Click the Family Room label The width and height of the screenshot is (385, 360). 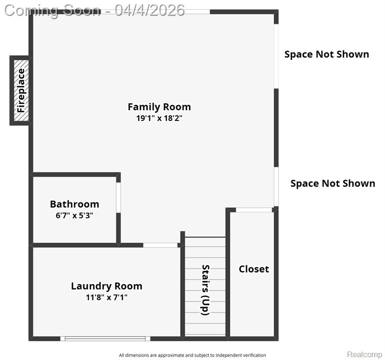(159, 107)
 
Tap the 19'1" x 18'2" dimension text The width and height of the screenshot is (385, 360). (159, 118)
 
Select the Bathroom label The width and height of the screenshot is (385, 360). (75, 204)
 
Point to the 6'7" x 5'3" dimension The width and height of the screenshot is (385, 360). (75, 216)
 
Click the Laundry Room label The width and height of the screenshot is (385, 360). (106, 286)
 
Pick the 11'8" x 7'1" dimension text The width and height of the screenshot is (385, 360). (106, 298)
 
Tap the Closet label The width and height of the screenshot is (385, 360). (254, 269)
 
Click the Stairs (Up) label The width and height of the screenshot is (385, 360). (205, 290)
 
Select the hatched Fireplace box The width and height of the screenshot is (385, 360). (21, 90)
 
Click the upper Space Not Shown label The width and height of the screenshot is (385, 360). (326, 54)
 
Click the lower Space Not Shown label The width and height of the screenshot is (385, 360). (332, 183)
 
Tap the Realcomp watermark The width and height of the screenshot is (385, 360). (365, 354)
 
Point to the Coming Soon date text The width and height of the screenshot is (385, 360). (95, 10)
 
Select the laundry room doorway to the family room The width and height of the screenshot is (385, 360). (160, 245)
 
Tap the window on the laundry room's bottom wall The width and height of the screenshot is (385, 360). (106, 338)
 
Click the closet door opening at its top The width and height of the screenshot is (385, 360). (254, 210)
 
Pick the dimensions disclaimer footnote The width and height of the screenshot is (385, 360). (192, 355)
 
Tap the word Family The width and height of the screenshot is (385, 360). (144, 107)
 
